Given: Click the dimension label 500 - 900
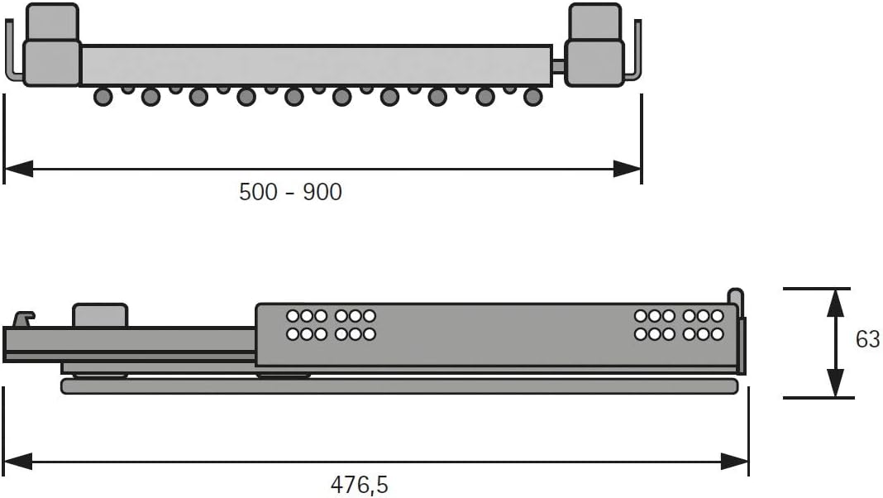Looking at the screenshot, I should pyautogui.click(x=290, y=192).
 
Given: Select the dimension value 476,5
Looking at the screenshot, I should pyautogui.click(x=360, y=485).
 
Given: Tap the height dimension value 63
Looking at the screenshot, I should pyautogui.click(x=867, y=339).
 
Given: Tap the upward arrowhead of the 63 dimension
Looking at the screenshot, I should pyautogui.click(x=836, y=303).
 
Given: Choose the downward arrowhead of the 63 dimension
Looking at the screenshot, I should pyautogui.click(x=836, y=384).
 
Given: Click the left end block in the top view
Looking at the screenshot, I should pyautogui.click(x=51, y=45).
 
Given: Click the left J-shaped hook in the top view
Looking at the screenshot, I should pyautogui.click(x=12, y=58).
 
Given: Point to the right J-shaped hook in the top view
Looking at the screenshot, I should pyautogui.click(x=635, y=58).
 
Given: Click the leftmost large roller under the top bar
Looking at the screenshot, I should pyautogui.click(x=103, y=97).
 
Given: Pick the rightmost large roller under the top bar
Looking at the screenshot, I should pyautogui.click(x=533, y=97).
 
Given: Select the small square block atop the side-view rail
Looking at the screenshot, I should pyautogui.click(x=100, y=315).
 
